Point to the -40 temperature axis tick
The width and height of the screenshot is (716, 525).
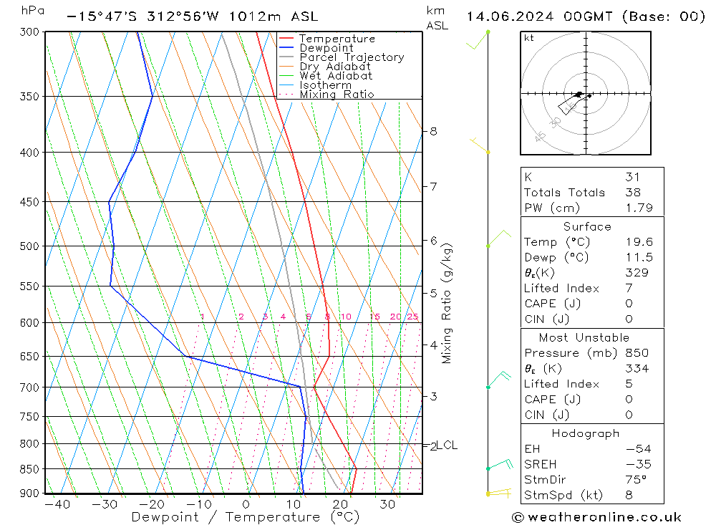point(57,504)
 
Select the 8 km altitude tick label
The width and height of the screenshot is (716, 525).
point(433,131)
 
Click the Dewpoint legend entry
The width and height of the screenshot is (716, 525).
point(326,48)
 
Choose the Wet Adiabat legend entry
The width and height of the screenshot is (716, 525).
point(336,76)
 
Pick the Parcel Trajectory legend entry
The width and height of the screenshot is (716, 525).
point(352,57)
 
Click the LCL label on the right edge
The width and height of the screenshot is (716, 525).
point(447,445)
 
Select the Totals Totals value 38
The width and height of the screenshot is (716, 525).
point(632,192)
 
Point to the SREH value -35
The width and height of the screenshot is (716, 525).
point(637,464)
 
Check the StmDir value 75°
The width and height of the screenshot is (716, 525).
point(636,480)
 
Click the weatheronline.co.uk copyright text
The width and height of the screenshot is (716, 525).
point(596,516)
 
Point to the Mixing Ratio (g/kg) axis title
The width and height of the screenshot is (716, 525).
point(447,303)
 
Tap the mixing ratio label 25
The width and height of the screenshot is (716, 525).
point(412,317)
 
